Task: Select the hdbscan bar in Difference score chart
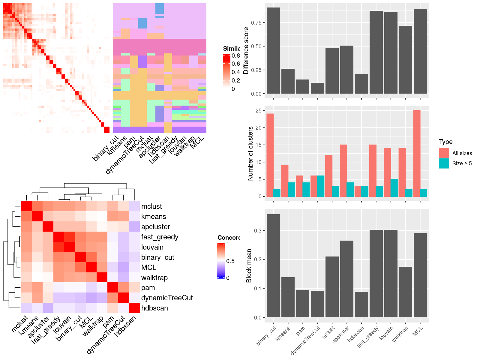(x=361, y=84)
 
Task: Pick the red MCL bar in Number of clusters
(x=417, y=153)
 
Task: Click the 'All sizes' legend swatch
(x=444, y=153)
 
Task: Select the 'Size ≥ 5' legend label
(x=462, y=163)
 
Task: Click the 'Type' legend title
(x=445, y=142)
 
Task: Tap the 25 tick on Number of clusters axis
(x=258, y=110)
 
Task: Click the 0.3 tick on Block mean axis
(x=258, y=230)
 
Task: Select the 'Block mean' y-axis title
(x=249, y=266)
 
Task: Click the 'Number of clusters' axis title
(x=250, y=153)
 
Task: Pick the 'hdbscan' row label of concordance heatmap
(x=154, y=308)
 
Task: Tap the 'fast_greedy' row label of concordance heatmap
(x=160, y=237)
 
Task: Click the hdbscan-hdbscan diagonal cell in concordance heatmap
(x=134, y=308)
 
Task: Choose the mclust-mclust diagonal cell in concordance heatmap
(x=26, y=206)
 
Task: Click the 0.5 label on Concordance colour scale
(x=230, y=261)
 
